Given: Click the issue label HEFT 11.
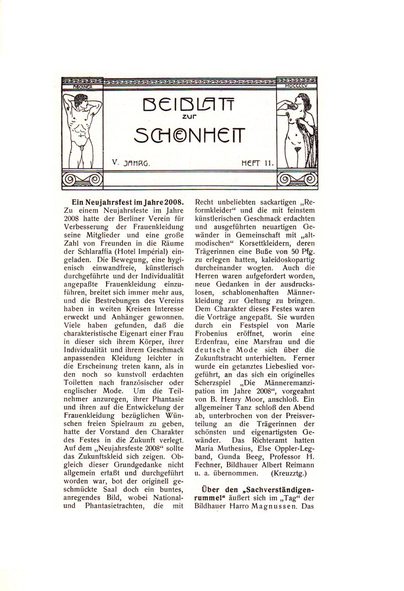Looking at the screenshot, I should [x=256, y=162].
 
